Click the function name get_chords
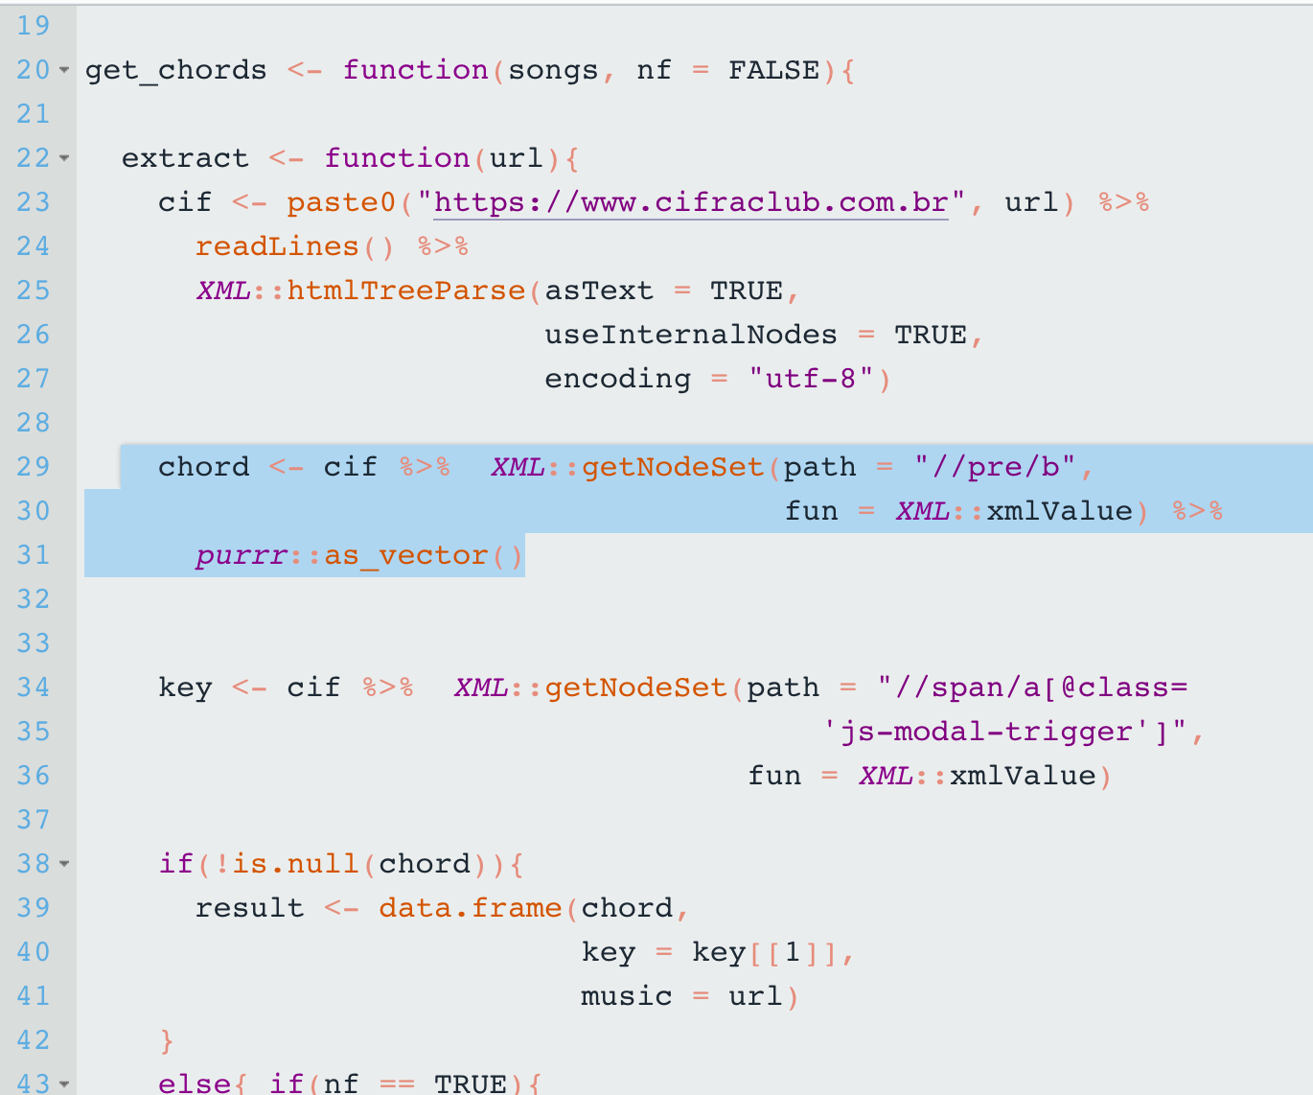(x=175, y=71)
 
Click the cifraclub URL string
(x=691, y=203)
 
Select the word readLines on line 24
(x=277, y=247)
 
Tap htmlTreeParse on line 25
(x=406, y=291)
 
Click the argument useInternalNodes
(x=690, y=336)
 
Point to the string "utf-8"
(x=811, y=380)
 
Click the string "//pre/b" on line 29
(x=995, y=468)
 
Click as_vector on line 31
(x=406, y=556)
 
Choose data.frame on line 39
(x=470, y=909)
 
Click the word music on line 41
(x=626, y=997)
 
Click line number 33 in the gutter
(x=34, y=644)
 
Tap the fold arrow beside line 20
(x=64, y=71)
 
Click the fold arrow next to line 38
(x=64, y=865)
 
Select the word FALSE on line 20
(x=773, y=71)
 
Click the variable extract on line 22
(x=185, y=159)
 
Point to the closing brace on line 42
(x=167, y=1041)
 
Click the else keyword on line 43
(x=194, y=1083)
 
